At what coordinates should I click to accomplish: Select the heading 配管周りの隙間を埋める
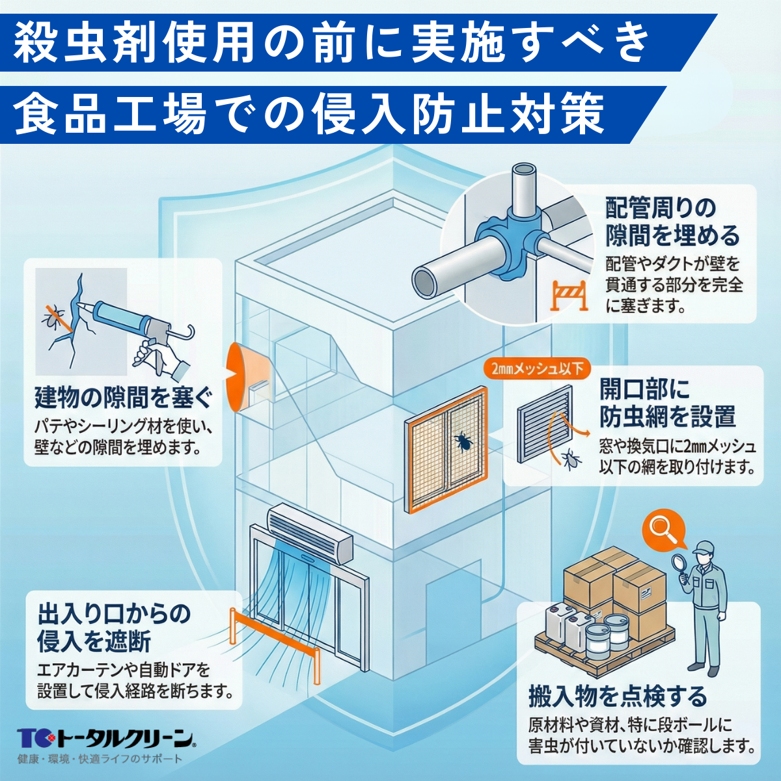coord(672,222)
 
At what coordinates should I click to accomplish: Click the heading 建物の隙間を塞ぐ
coord(124,396)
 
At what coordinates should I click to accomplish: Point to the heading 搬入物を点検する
coord(617,696)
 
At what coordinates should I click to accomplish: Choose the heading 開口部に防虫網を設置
coord(667,404)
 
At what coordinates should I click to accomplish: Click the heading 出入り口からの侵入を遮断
coord(114,627)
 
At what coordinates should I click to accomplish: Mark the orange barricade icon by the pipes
coord(569,295)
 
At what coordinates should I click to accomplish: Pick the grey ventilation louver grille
coord(544,423)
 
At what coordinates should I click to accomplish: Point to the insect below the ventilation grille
coord(572,458)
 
